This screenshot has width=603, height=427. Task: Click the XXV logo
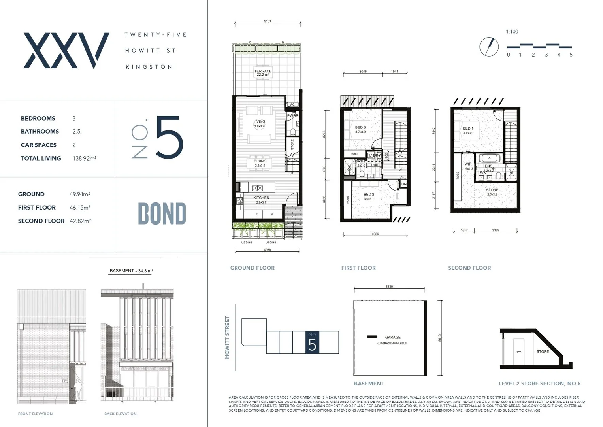tap(66, 51)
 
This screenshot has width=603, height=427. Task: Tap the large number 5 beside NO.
tap(170, 138)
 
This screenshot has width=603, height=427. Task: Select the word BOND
tap(162, 214)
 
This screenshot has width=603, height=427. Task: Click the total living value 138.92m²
tap(84, 158)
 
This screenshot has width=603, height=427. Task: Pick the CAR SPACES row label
tap(39, 145)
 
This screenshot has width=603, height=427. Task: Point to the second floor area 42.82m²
tap(80, 221)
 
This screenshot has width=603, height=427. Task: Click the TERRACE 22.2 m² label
tap(263, 73)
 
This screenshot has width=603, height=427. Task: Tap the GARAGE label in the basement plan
tap(393, 337)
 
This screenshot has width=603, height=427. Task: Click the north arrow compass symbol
tap(489, 47)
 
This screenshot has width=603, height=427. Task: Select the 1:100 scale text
tap(512, 32)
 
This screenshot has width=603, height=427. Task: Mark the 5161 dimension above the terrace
tap(268, 21)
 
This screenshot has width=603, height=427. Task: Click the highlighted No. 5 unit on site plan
tap(312, 342)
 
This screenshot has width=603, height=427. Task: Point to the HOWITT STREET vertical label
tap(227, 337)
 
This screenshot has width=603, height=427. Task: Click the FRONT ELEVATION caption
tap(35, 414)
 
